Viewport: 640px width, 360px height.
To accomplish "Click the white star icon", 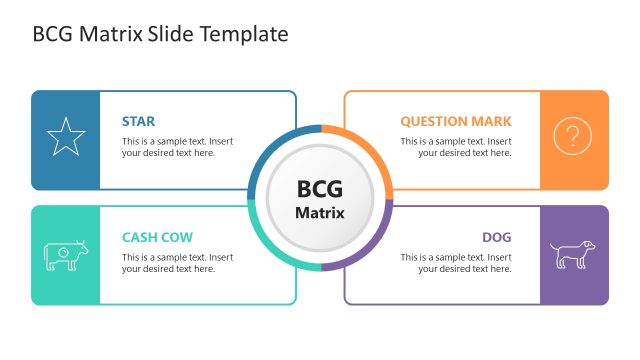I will pos(66,138).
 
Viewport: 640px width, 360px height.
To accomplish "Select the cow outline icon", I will pos(66,255).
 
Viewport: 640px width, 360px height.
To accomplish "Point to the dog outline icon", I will pos(573,254).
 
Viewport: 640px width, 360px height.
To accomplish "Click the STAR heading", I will pos(138,121).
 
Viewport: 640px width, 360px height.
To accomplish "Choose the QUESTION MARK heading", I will pos(456,121).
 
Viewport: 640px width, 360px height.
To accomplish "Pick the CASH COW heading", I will pos(157,237).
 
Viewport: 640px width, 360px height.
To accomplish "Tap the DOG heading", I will pos(496,237).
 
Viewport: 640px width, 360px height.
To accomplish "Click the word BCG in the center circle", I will pos(320,188).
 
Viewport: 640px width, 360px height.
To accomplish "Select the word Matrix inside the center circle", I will pos(320,212).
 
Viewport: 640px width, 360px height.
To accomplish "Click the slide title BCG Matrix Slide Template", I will pos(160,34).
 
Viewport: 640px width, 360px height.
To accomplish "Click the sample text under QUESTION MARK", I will pos(456,147).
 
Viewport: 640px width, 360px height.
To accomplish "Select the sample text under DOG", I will pos(456,263).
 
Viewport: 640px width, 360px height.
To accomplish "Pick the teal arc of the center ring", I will pos(268,250).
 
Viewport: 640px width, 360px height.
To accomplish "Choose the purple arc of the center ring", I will pos(372,250).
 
